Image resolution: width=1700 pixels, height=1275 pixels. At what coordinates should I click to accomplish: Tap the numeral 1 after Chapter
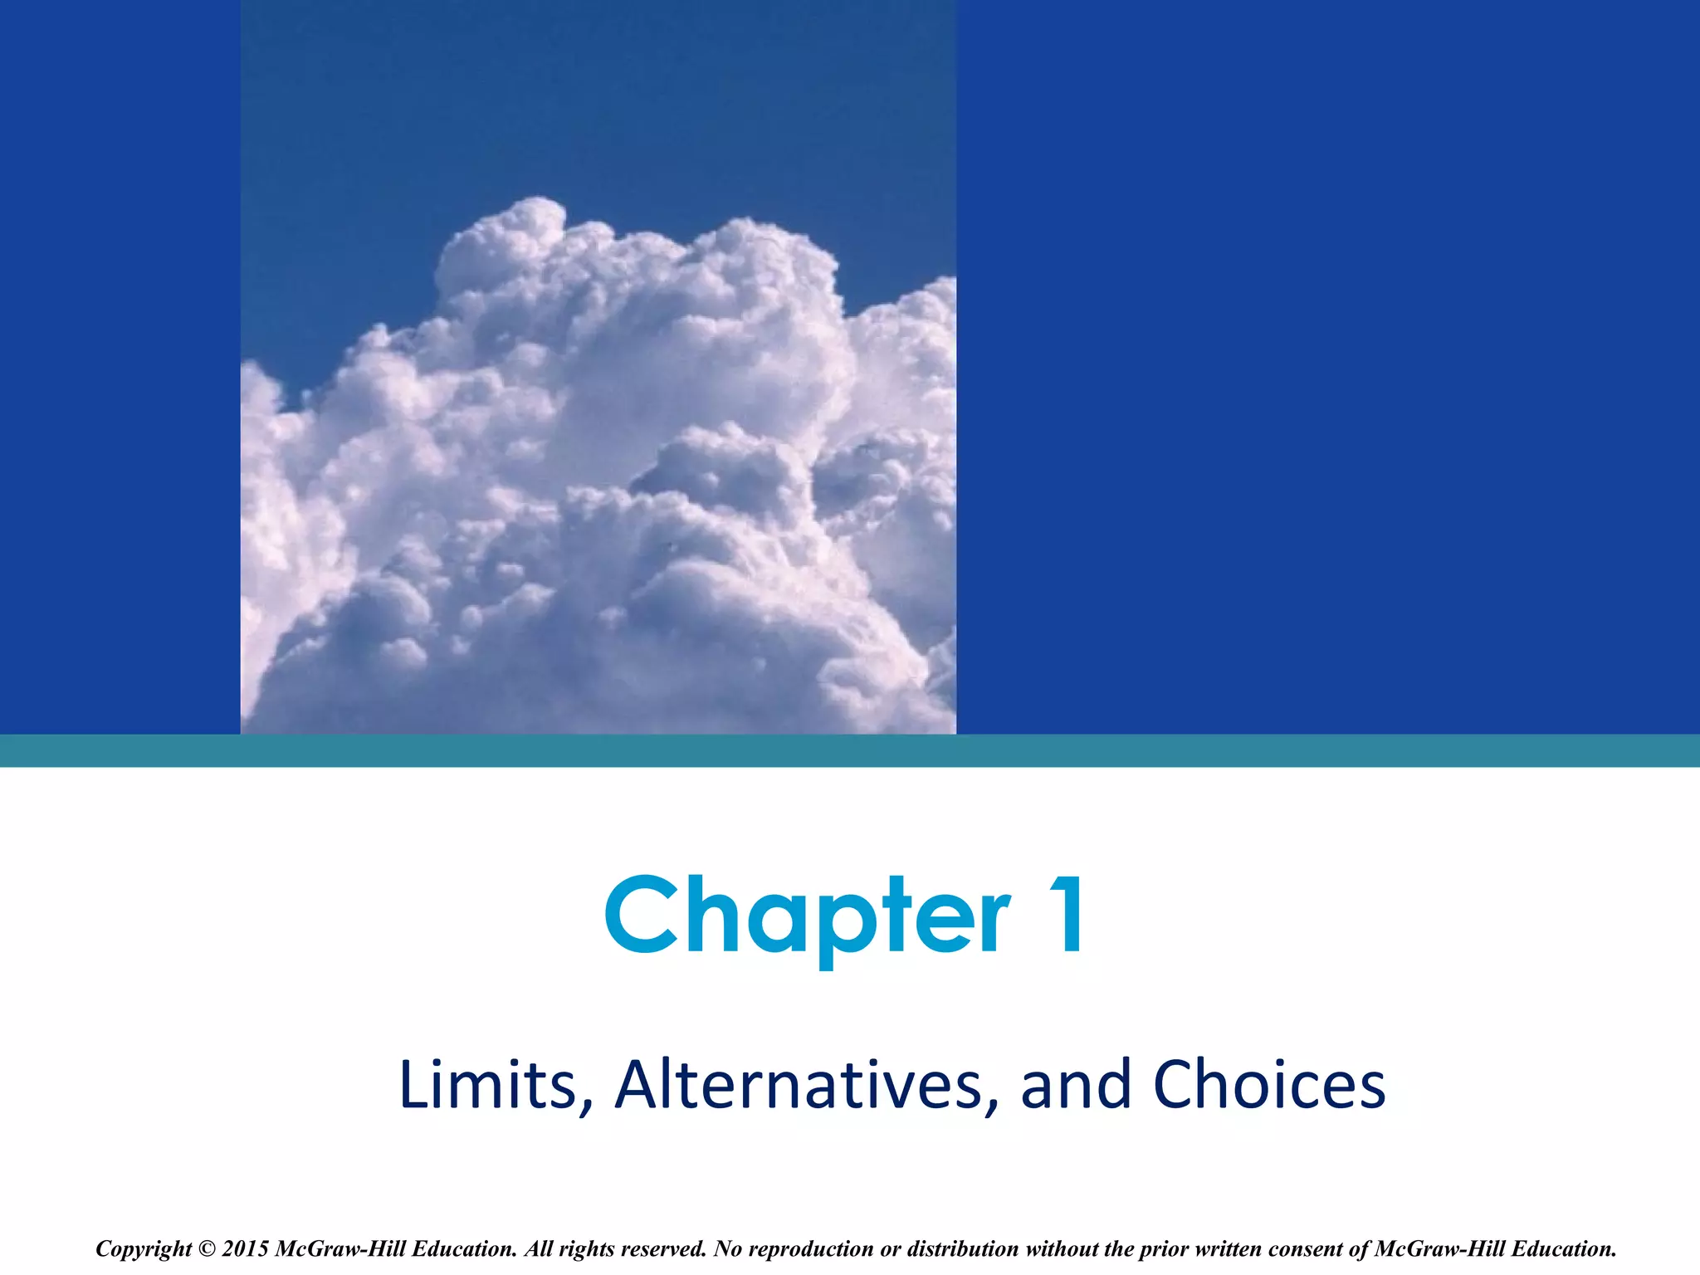tap(1064, 915)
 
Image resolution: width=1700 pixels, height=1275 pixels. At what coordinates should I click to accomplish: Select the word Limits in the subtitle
tap(487, 1085)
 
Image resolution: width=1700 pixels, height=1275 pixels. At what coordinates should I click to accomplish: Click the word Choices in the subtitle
tap(1269, 1085)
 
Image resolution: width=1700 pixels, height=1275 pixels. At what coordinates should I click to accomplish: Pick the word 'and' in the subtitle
tap(1076, 1085)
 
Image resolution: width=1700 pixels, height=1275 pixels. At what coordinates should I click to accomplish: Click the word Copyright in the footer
tap(144, 1249)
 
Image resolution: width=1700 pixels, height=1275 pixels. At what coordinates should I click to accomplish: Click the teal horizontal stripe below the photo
tap(850, 750)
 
